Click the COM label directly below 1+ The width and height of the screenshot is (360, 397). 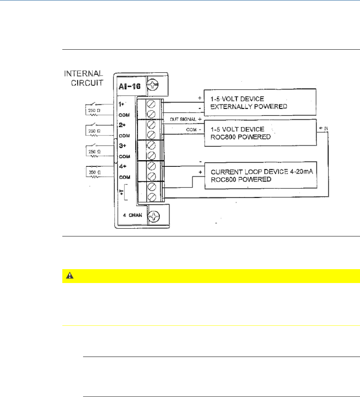(x=123, y=115)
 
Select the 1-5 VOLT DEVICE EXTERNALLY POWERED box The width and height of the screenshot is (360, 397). (x=260, y=102)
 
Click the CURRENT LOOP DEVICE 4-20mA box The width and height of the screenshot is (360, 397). (x=260, y=175)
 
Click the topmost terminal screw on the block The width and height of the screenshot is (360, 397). (x=151, y=104)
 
